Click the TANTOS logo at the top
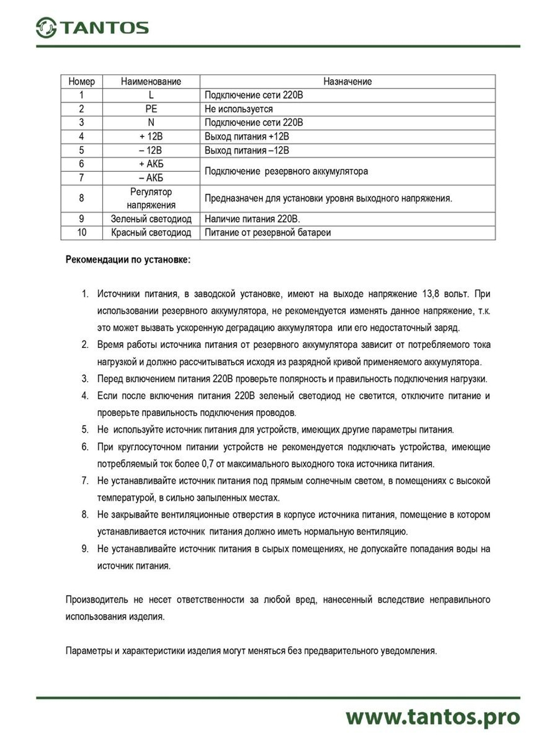coord(92,27)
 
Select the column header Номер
coord(81,81)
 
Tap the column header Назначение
coord(347,81)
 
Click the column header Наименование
coord(151,81)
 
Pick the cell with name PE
coord(151,109)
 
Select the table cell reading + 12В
coord(151,136)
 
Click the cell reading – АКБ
coord(151,178)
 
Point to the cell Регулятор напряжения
coord(151,198)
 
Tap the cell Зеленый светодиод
coord(151,219)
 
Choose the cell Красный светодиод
coord(151,233)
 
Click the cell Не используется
coord(238,109)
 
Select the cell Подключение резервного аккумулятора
coord(286,171)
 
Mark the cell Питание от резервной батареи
coord(267,233)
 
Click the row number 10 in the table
coord(81,233)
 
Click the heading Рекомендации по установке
coord(128,260)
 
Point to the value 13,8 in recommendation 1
coord(431,294)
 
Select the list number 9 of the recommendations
coord(85,549)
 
